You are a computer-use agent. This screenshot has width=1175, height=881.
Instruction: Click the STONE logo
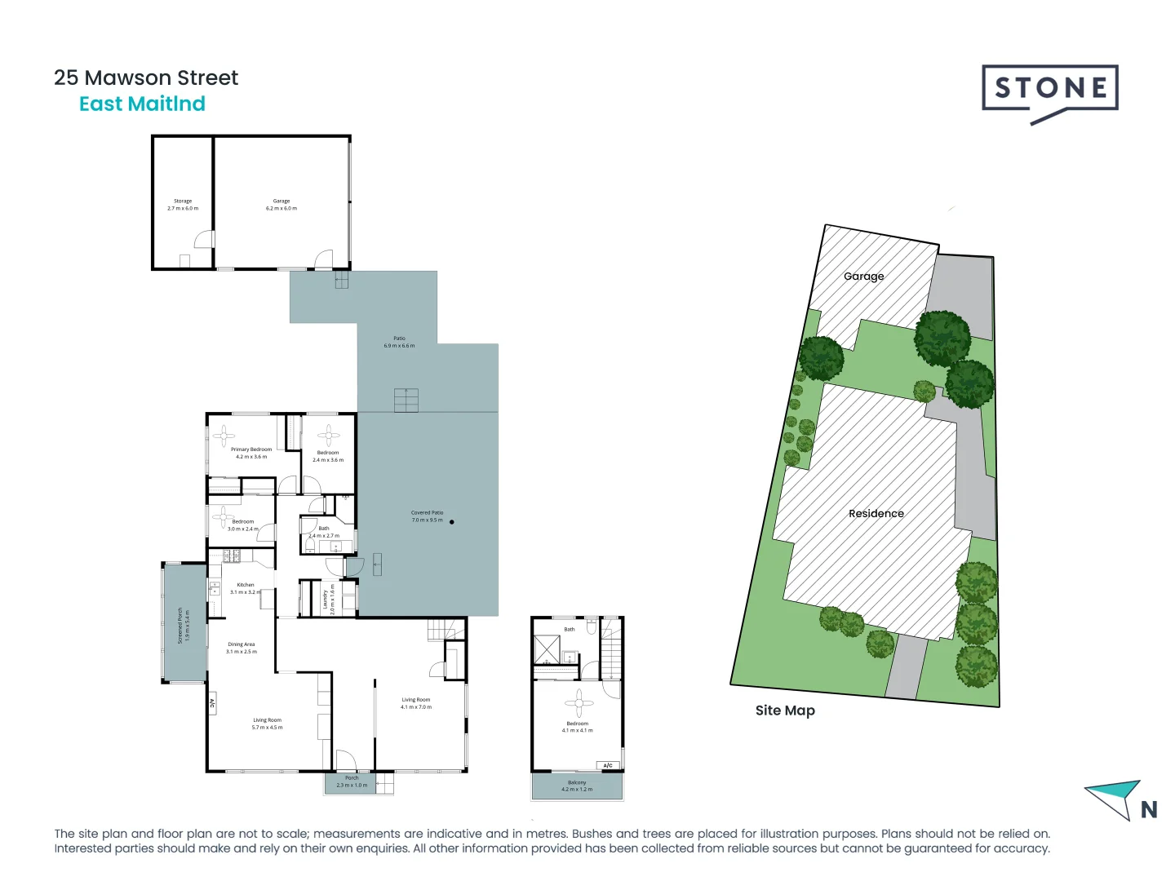point(1049,90)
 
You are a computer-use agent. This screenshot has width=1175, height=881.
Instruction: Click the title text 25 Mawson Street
point(146,77)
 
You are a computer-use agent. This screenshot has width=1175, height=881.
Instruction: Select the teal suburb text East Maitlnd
point(142,104)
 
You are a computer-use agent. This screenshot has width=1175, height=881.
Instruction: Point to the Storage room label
point(183,204)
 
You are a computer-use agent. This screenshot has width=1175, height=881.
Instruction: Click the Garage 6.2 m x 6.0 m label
point(282,204)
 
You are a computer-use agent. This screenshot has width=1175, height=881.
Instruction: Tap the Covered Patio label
point(427,516)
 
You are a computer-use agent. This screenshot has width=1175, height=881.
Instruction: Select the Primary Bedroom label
point(251,453)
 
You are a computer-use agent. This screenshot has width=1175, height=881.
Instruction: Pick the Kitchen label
point(246,588)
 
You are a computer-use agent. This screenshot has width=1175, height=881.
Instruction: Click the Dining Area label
point(242,648)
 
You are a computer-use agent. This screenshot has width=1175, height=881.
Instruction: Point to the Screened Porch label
point(184,625)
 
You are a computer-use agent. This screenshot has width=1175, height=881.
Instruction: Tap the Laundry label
point(328,600)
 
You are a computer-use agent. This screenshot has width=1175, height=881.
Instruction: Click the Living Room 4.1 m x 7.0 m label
point(416,703)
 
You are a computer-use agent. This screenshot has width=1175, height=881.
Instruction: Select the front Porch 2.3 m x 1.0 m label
point(352,781)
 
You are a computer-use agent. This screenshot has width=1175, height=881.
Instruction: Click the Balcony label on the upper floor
point(577,786)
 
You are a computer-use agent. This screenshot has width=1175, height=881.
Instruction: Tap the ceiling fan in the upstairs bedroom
point(579,702)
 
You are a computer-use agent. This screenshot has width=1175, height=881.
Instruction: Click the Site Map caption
point(785,711)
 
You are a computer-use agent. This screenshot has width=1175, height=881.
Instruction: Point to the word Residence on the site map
point(876,514)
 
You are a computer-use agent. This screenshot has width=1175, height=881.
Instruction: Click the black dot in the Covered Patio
point(452,522)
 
